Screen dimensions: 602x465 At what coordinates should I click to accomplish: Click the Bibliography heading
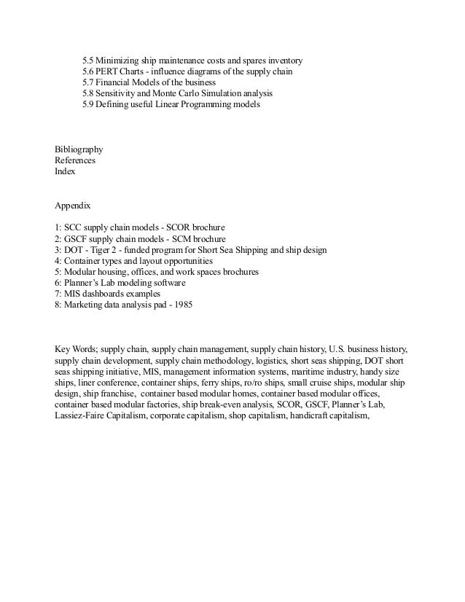point(79,149)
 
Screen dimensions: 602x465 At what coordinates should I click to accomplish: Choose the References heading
point(75,161)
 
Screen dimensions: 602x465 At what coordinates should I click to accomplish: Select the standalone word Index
point(65,173)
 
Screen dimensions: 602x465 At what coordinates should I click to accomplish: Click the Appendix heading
point(73,206)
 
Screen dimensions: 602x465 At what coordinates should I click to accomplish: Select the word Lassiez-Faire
point(80,417)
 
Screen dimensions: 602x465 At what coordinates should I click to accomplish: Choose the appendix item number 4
point(57,260)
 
